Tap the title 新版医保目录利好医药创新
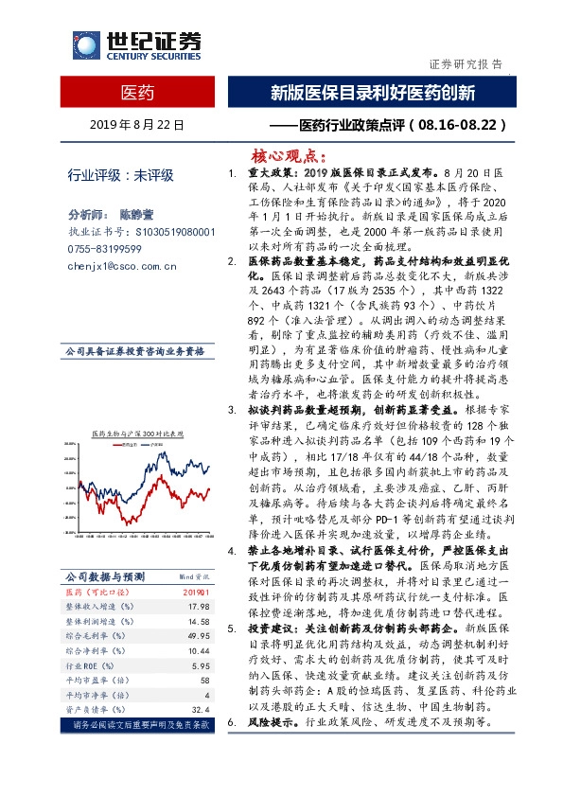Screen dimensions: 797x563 (372, 93)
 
